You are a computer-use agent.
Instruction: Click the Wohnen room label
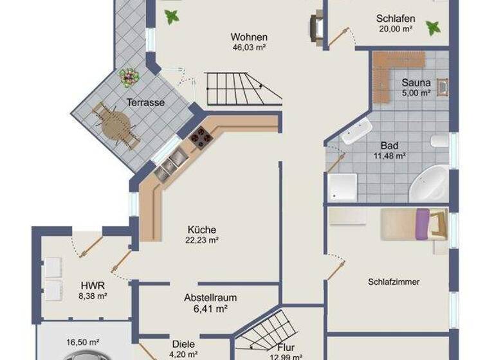pyautogui.click(x=249, y=37)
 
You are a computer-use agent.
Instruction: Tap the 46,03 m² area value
pyautogui.click(x=249, y=47)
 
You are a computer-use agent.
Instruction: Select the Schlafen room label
pyautogui.click(x=395, y=19)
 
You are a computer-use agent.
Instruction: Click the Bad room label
pyautogui.click(x=389, y=145)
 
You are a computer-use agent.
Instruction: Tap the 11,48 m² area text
pyautogui.click(x=389, y=155)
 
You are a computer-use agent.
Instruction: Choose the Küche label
pyautogui.click(x=201, y=230)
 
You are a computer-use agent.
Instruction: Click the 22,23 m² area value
pyautogui.click(x=202, y=240)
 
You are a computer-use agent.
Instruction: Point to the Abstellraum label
pyautogui.click(x=210, y=298)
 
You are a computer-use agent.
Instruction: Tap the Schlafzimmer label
pyautogui.click(x=398, y=282)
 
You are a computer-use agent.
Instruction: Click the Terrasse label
pyautogui.click(x=145, y=102)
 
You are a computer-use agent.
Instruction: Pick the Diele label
pyautogui.click(x=183, y=343)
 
